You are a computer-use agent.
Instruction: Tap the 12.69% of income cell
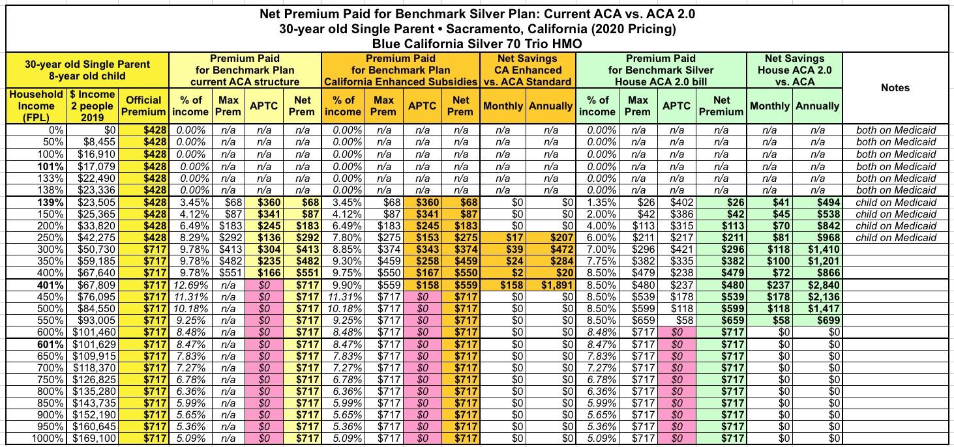coord(192,285)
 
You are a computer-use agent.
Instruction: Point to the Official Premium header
coord(143,106)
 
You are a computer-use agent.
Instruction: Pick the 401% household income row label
coord(53,285)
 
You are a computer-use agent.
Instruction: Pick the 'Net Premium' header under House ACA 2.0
coord(721,106)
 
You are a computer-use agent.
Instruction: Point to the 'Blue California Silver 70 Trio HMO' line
coord(476,44)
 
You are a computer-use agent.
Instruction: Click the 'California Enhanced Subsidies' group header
coord(400,81)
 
